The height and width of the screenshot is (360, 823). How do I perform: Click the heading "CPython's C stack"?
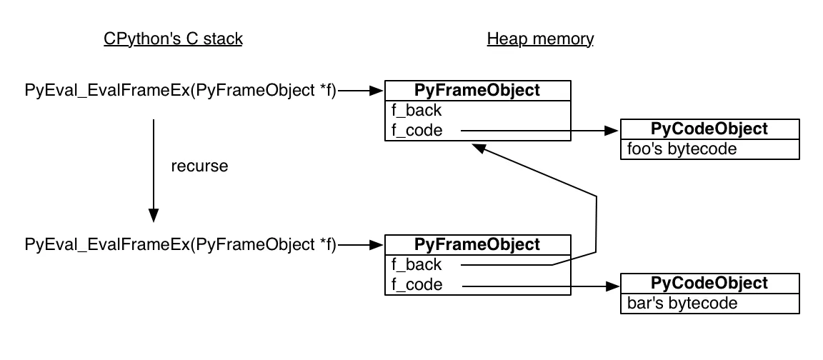point(173,39)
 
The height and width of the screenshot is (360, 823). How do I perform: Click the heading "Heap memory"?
point(540,39)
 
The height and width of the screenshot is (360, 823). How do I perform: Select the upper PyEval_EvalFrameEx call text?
point(180,91)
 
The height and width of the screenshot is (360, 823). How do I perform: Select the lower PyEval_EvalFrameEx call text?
point(180,245)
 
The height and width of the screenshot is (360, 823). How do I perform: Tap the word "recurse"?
point(199,166)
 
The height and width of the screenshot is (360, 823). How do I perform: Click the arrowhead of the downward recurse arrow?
point(153,215)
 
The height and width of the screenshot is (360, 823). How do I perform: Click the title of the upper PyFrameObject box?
point(477,90)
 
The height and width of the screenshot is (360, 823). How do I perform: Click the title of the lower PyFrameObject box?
point(477,244)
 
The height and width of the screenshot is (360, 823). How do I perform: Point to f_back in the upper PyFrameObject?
point(416,111)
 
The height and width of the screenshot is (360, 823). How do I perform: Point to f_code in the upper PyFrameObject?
point(417,131)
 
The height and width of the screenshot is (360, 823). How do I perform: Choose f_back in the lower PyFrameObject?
point(416,265)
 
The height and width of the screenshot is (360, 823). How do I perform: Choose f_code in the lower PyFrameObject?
point(417,286)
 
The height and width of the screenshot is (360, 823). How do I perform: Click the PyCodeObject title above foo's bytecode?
point(709,129)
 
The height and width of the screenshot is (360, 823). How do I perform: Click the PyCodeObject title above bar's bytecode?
point(709,284)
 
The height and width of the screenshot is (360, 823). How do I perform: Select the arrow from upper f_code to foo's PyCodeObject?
point(536,131)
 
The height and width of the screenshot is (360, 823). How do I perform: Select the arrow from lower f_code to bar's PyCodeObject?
point(536,286)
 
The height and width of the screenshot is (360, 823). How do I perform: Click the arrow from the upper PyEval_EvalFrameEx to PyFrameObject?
point(361,91)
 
